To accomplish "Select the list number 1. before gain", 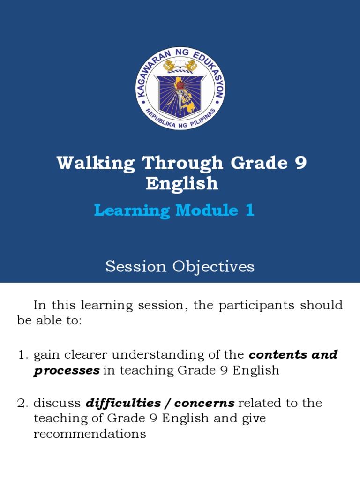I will click(x=23, y=355).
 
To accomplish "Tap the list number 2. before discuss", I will click(x=23, y=403).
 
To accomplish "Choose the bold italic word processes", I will click(x=66, y=370).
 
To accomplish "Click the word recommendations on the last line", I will click(x=90, y=434).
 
